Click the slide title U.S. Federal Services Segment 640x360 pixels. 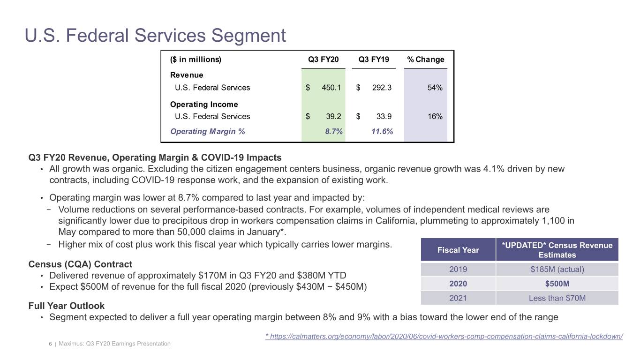click(155, 36)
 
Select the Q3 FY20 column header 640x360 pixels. click(323, 60)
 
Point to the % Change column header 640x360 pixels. click(425, 60)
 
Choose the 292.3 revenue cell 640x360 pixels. click(381, 87)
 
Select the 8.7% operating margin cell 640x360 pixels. click(334, 132)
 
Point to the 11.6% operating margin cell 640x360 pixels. click(382, 132)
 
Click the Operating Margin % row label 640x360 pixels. click(207, 132)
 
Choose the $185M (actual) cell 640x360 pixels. click(557, 270)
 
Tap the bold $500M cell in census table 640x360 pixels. click(557, 284)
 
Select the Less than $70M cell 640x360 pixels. click(557, 298)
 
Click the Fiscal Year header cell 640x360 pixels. click(458, 250)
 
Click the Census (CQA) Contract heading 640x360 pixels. click(80, 264)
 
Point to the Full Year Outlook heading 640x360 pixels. click(67, 306)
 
